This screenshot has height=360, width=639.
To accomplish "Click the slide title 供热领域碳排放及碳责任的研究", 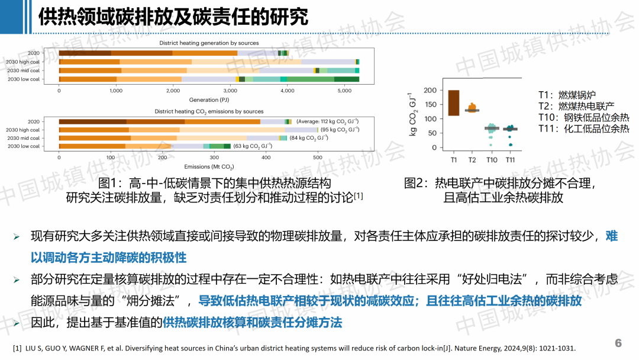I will click(173, 17).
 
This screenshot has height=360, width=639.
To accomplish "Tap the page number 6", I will click(618, 343).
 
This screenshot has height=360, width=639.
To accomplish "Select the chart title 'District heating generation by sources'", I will click(209, 43).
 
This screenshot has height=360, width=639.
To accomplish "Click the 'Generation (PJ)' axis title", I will click(209, 99).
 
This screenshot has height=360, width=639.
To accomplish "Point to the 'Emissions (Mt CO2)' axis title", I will click(209, 167).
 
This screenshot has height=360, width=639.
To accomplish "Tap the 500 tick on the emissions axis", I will click(317, 158).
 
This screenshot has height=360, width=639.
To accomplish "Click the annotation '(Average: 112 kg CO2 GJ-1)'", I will click(327, 121).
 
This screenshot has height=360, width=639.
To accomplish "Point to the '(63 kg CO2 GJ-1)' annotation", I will click(253, 146).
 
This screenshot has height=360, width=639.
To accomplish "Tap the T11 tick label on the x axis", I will click(510, 160).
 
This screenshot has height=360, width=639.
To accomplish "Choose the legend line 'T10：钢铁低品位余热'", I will click(583, 117).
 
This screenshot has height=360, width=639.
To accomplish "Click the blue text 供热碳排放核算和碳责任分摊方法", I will click(253, 323).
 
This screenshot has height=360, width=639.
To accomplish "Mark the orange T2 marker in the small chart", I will click(472, 108).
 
